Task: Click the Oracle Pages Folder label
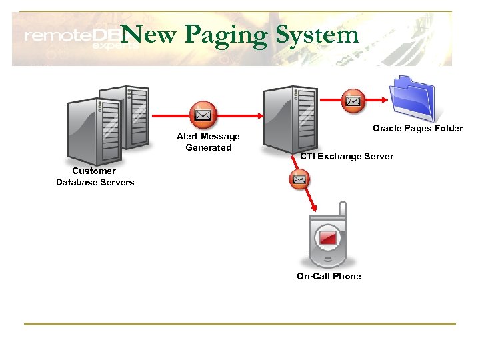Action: (x=417, y=128)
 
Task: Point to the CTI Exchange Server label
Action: (x=347, y=157)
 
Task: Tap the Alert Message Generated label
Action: (x=208, y=142)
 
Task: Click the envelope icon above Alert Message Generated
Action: (x=203, y=115)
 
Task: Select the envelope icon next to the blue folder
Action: (x=353, y=101)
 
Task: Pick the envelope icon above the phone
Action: (x=299, y=179)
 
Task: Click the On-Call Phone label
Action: (x=329, y=276)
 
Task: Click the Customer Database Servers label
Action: (x=95, y=177)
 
